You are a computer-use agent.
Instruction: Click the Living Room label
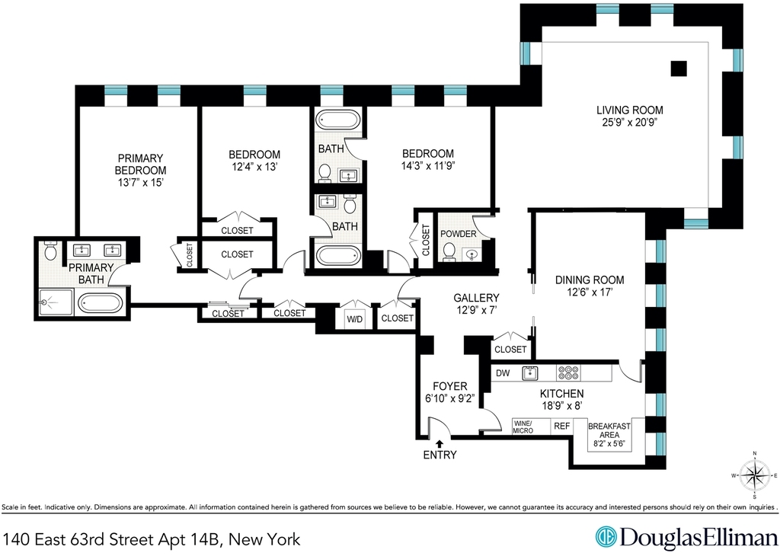[x=630, y=110]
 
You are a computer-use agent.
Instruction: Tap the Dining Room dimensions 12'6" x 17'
[x=590, y=292]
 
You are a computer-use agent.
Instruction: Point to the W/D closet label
[x=355, y=319]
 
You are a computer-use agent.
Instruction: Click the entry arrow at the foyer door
[x=440, y=443]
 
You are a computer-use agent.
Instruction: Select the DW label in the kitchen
[x=503, y=373]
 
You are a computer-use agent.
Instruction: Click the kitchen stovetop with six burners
[x=568, y=373]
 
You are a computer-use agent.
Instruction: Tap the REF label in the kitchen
[x=562, y=427]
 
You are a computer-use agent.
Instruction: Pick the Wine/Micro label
[x=523, y=427]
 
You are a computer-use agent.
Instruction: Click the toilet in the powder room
[x=449, y=251]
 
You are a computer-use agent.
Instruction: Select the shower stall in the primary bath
[x=56, y=302]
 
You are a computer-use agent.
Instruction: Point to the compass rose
[x=755, y=475]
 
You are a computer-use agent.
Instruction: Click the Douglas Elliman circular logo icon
[x=606, y=537]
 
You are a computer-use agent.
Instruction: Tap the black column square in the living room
[x=679, y=68]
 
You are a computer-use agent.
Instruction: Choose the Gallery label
[x=476, y=298]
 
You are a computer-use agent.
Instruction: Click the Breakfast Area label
[x=609, y=430]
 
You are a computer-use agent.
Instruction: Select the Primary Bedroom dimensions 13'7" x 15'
[x=141, y=183]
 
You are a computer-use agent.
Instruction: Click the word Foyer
[x=449, y=386]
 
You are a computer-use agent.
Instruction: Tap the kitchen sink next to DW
[x=531, y=373]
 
